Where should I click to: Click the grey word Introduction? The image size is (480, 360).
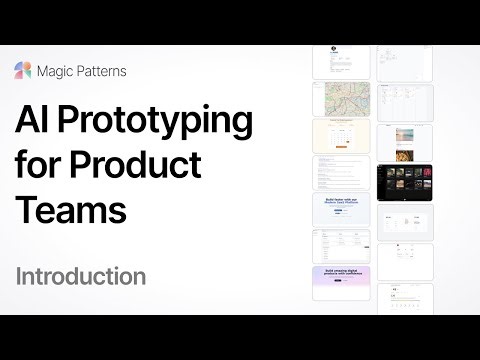click(x=81, y=276)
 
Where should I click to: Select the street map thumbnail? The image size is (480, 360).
click(x=341, y=97)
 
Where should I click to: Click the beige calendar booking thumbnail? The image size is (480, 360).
click(x=341, y=135)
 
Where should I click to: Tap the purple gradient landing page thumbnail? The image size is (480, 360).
click(x=341, y=283)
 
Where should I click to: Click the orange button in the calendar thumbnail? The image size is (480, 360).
click(x=341, y=147)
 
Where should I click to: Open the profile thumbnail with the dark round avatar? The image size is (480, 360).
click(x=341, y=61)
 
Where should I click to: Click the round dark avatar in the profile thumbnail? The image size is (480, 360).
click(x=334, y=49)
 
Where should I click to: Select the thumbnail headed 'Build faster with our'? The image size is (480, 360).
click(x=341, y=209)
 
